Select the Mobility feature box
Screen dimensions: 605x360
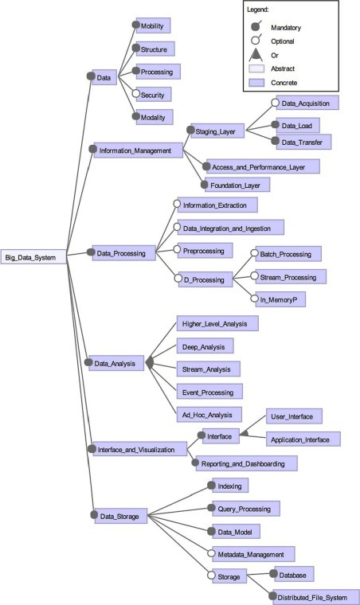pyautogui.click(x=156, y=26)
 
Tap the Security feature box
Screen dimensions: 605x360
pyautogui.click(x=155, y=95)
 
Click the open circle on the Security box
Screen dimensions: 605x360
pyautogui.click(x=137, y=94)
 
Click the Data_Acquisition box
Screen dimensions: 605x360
pyautogui.click(x=308, y=103)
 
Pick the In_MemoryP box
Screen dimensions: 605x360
pyautogui.click(x=280, y=300)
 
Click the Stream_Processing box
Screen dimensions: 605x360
pyautogui.click(x=288, y=277)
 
